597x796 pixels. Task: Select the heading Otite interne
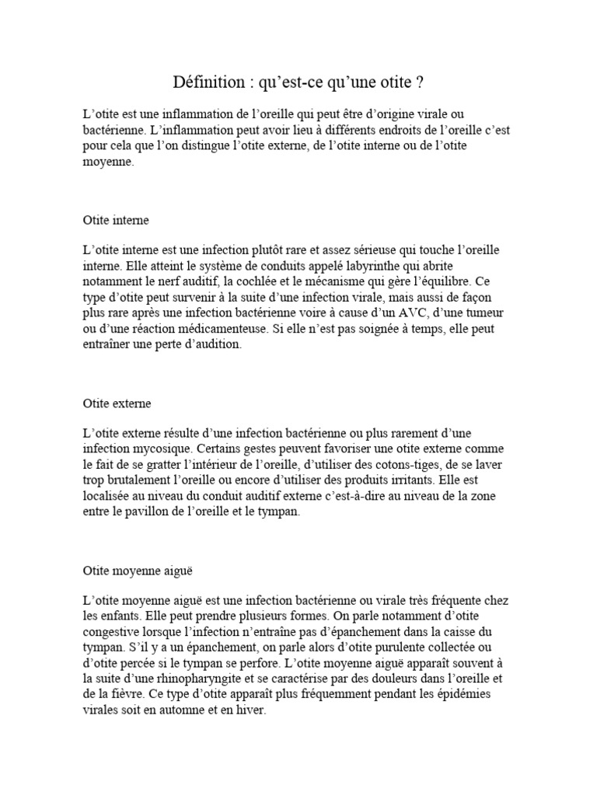pyautogui.click(x=116, y=220)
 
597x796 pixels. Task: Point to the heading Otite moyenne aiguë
pyautogui.click(x=137, y=570)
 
